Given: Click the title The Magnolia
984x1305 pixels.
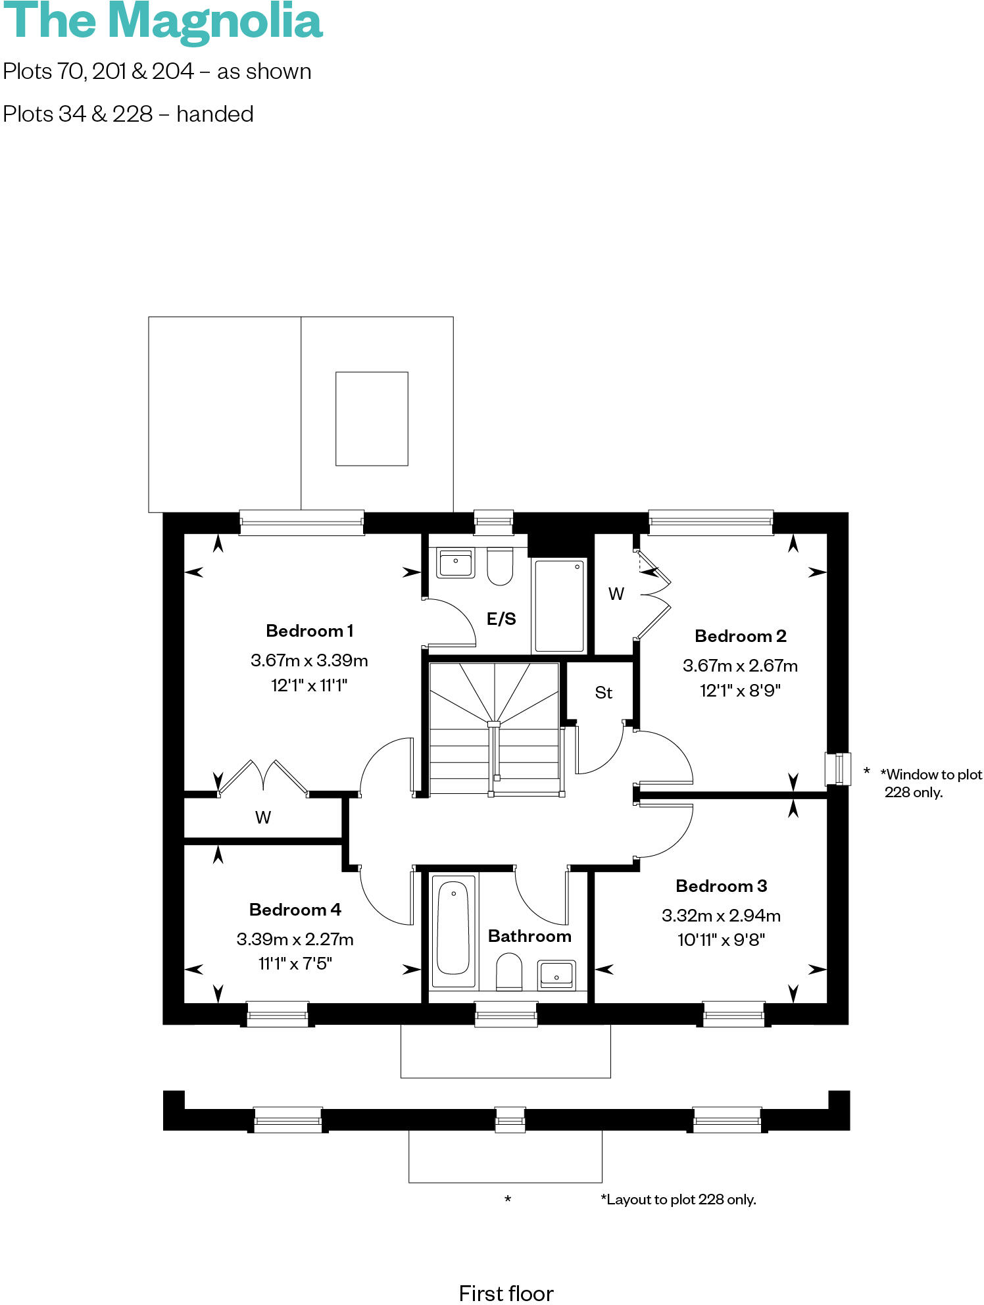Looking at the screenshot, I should (x=162, y=21).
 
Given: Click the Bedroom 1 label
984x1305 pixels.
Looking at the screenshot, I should (x=309, y=631).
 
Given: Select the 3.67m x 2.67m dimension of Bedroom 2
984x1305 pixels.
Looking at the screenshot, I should (x=740, y=666).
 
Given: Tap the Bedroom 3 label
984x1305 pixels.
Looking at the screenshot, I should (x=721, y=886).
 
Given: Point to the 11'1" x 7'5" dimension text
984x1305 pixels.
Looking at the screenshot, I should (x=295, y=964).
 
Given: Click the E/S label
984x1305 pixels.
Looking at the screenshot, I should (x=501, y=619).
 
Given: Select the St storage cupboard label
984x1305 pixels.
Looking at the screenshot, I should (x=603, y=693).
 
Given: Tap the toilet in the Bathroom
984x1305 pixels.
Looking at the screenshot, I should (x=508, y=972).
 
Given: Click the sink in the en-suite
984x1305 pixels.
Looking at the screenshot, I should (x=455, y=564).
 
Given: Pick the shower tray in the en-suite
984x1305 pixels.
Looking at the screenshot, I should (x=558, y=606).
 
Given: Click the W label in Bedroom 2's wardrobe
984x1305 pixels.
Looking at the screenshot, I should (x=616, y=594).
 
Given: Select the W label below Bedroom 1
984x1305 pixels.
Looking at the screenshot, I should (x=262, y=818).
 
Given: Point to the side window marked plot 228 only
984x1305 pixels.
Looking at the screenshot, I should (x=837, y=769).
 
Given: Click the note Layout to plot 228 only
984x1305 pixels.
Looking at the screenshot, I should (x=678, y=1199).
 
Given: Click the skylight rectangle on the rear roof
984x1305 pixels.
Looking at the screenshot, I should (x=372, y=419).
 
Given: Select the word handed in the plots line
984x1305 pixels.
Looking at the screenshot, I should (x=214, y=114).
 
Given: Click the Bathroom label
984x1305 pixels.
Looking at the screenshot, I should (x=529, y=936).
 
